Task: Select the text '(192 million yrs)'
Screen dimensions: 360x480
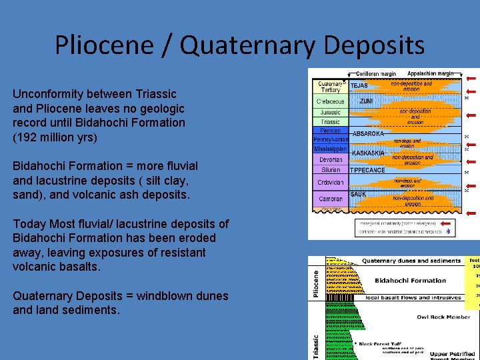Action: click(55, 137)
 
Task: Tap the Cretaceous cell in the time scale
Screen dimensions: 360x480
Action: click(331, 101)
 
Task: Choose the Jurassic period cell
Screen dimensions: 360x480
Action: click(331, 112)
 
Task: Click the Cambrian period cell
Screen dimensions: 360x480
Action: click(331, 199)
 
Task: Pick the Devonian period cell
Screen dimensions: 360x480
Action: click(331, 160)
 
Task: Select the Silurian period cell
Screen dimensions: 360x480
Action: click(331, 170)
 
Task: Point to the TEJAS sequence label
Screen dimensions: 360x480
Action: click(360, 86)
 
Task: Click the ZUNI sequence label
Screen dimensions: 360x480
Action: click(366, 101)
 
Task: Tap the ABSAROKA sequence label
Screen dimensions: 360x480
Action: click(368, 134)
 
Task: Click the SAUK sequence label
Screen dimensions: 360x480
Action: click(358, 194)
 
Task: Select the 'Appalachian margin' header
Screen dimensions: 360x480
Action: click(430, 73)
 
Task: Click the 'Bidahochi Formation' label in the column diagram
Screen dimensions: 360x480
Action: click(410, 281)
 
